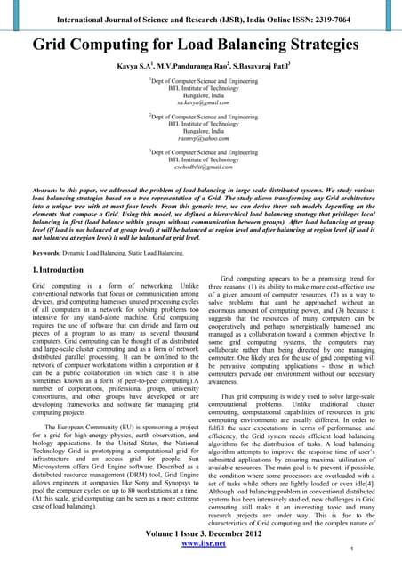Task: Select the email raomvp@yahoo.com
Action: (x=200, y=141)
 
